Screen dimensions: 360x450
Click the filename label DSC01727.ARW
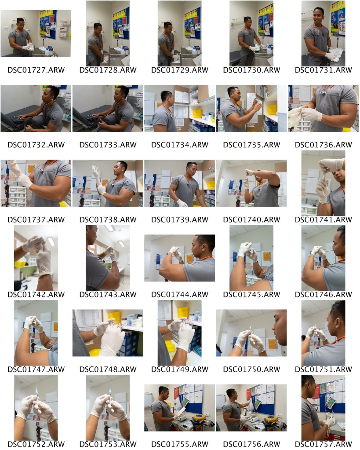36,70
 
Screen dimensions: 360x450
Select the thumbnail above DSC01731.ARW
323,33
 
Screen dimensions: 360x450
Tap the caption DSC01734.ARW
180,145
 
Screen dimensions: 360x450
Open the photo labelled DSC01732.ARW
36,109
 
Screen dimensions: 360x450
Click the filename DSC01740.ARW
251,220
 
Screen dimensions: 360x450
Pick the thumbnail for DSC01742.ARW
36,258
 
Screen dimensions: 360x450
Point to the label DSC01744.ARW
180,295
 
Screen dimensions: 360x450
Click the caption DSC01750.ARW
251,370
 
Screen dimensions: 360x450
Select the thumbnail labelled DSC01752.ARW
36,408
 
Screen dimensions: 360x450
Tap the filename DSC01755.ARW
180,445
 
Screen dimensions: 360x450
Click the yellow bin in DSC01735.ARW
272,110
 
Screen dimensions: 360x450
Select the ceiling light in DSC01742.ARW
51,241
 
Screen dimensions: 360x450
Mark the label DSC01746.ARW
323,295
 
